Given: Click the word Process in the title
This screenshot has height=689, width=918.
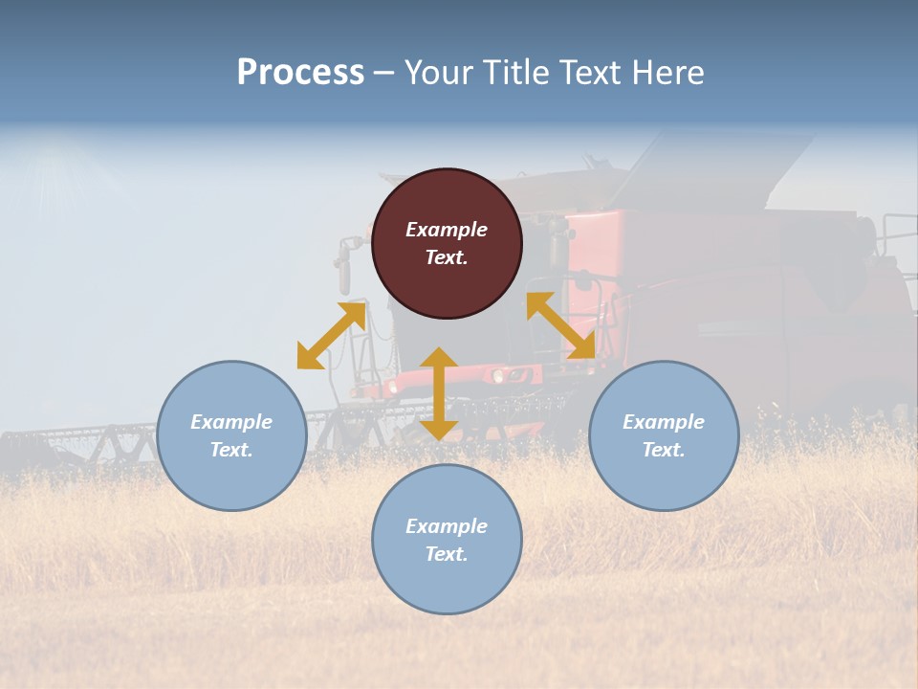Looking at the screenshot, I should pos(300,73).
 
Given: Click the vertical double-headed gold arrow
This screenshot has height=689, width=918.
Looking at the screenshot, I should pos(439,393).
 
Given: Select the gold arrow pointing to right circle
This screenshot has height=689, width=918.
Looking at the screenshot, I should pos(560,325).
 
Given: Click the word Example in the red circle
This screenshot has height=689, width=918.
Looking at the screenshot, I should pos(447,230).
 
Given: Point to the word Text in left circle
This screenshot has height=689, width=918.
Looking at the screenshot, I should pos(231,450).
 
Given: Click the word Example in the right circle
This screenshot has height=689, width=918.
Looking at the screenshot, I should pos(664,422).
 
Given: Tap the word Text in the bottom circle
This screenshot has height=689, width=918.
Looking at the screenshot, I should pos(447,554).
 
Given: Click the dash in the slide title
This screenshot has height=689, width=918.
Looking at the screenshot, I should pos(384,74).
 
